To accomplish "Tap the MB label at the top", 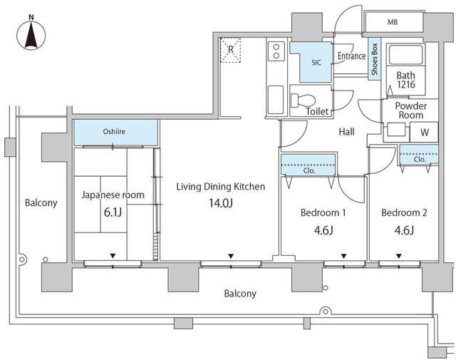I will pyautogui.click(x=392, y=23).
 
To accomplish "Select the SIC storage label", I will pyautogui.click(x=316, y=62).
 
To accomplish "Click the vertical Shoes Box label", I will pyautogui.click(x=373, y=59).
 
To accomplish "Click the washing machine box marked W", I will pyautogui.click(x=425, y=132).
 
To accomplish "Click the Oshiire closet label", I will pyautogui.click(x=115, y=131).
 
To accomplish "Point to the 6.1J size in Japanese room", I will pyautogui.click(x=113, y=212).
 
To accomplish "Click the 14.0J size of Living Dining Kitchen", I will pyautogui.click(x=220, y=204).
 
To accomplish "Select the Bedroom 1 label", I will pyautogui.click(x=323, y=213).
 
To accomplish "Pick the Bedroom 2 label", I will pyautogui.click(x=403, y=213).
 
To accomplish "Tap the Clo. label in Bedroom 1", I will pyautogui.click(x=309, y=171).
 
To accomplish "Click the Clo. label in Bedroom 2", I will pyautogui.click(x=420, y=160).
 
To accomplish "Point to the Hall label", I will pyautogui.click(x=346, y=131).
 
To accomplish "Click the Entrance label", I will pyautogui.click(x=351, y=56).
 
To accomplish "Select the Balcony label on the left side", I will pyautogui.click(x=41, y=203).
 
